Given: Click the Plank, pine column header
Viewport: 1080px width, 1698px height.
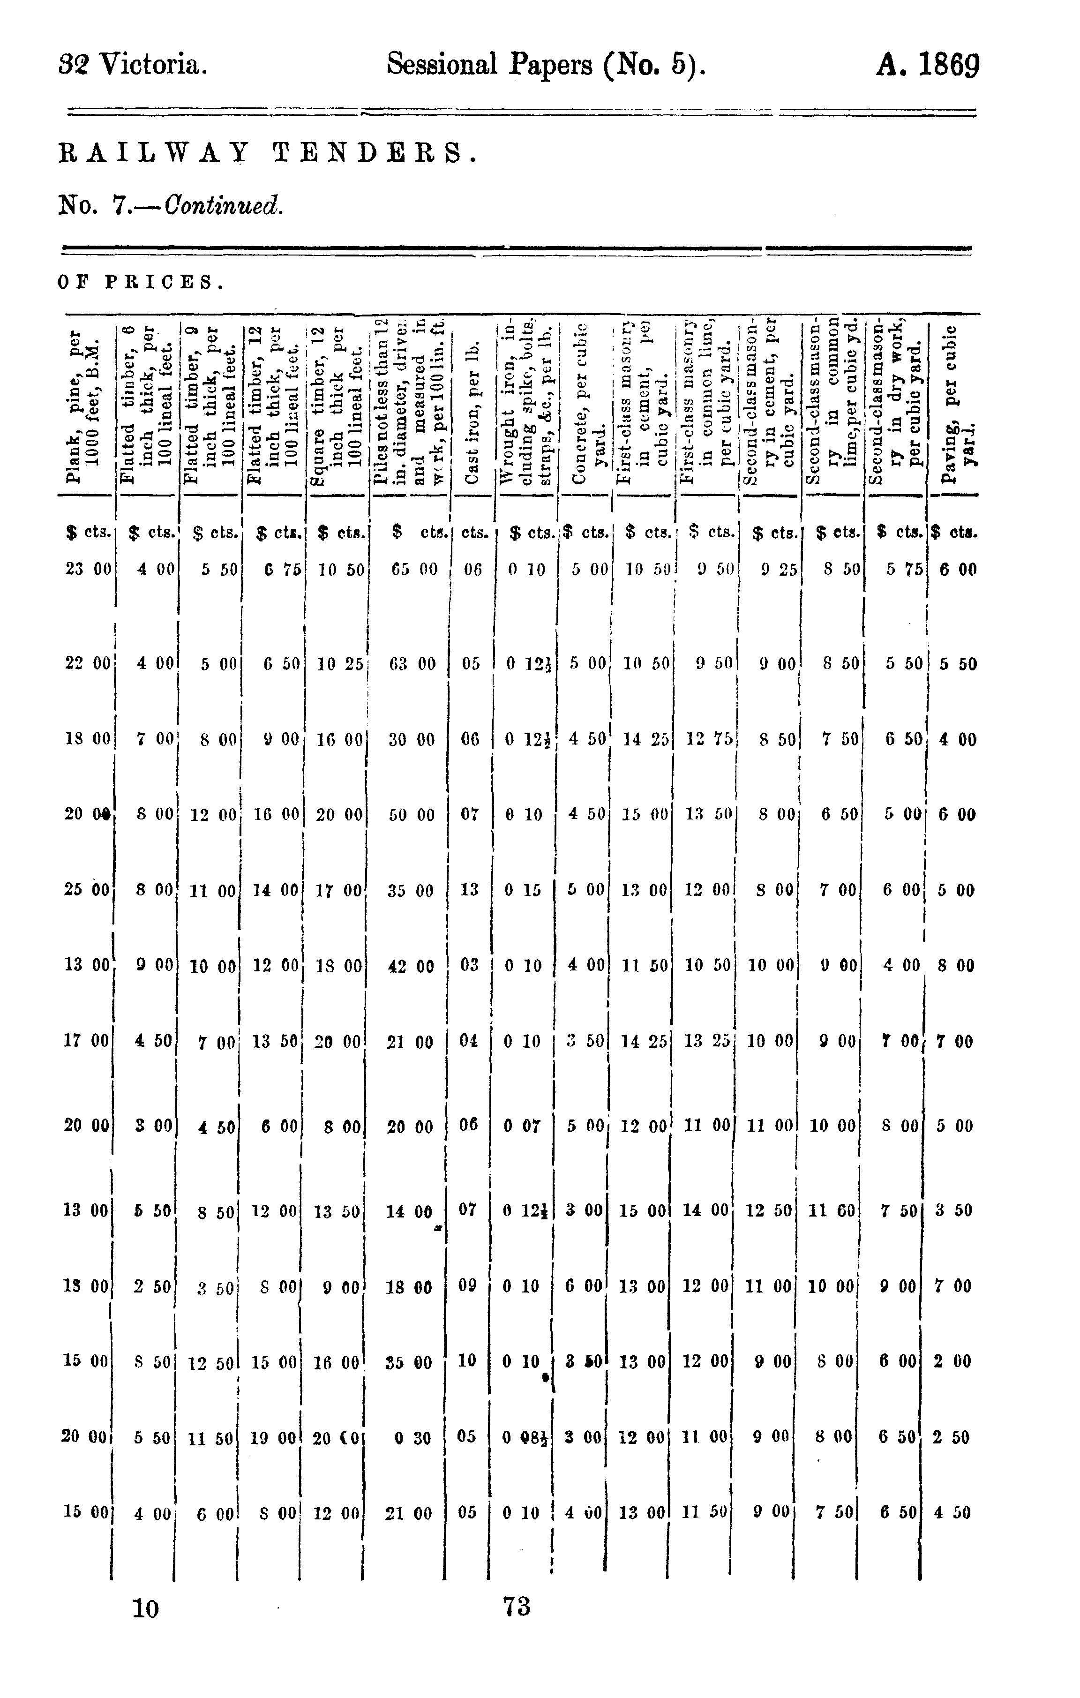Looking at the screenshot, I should coord(83,406).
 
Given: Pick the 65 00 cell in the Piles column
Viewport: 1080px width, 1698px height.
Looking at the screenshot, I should coord(414,569).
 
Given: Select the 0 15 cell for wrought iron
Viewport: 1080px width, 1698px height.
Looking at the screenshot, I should coord(522,890).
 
